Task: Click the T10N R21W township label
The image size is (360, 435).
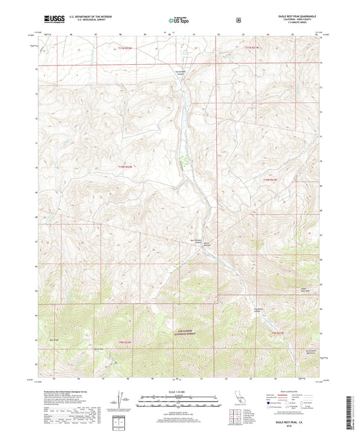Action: coord(269,179)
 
